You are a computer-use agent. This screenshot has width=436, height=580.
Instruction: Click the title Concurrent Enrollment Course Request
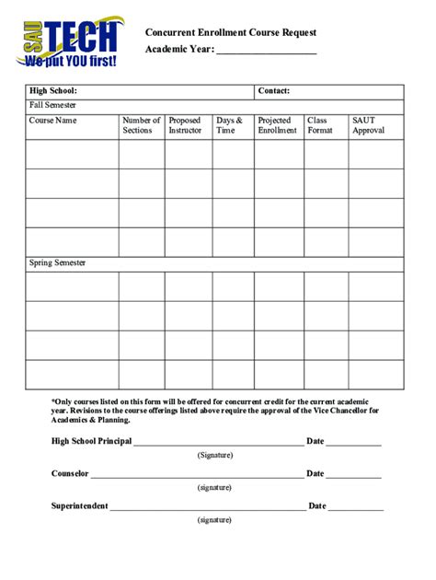231,32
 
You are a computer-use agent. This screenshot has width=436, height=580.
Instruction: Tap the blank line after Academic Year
266,52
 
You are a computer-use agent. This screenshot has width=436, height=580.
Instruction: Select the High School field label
52,91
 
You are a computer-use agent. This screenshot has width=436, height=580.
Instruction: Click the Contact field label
274,91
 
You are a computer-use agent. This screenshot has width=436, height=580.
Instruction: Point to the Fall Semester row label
52,106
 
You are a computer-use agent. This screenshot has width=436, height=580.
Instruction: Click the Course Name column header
52,121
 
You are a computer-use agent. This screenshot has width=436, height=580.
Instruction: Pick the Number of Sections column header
142,125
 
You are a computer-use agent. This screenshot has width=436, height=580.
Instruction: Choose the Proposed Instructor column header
185,125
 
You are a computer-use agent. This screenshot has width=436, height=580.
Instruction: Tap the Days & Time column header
229,125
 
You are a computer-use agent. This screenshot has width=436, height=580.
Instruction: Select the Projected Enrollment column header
277,125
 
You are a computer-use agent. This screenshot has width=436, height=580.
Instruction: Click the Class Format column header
320,125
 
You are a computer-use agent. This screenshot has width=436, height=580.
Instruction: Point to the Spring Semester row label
57,263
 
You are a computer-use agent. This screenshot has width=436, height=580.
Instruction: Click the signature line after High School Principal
218,444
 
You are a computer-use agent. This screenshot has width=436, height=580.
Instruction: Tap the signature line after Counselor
197,476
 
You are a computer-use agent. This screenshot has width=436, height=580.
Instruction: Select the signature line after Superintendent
208,508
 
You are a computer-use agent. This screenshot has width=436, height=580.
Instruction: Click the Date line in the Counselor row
354,476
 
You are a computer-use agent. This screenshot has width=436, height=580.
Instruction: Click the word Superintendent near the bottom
80,505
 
